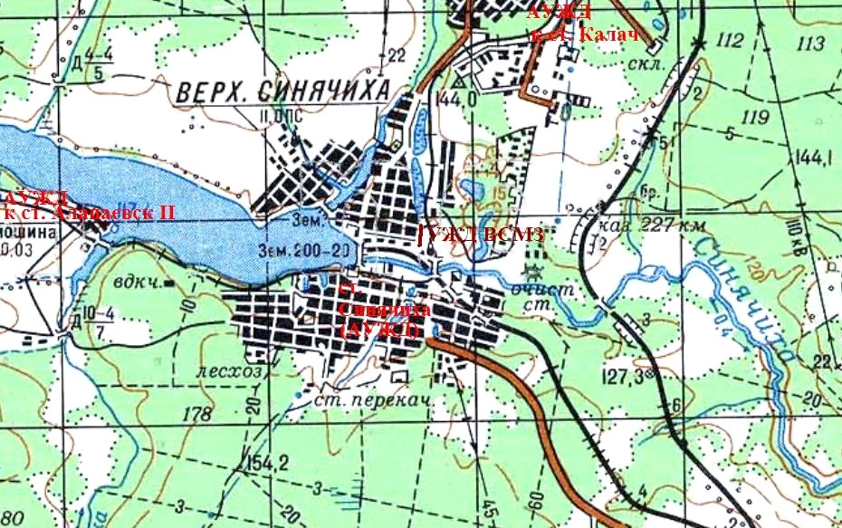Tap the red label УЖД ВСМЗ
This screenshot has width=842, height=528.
[x=481, y=235]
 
